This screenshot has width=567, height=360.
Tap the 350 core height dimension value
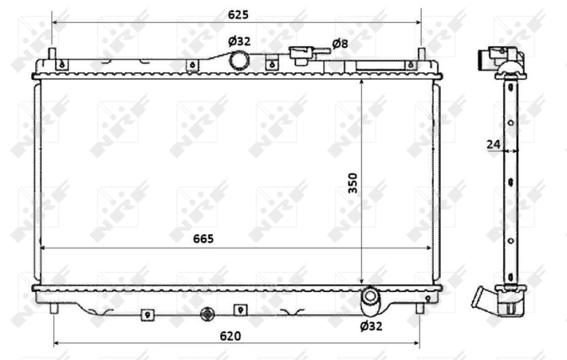[x=352, y=184]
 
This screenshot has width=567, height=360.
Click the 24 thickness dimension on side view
[x=493, y=145]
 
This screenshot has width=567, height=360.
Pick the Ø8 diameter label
[x=340, y=44]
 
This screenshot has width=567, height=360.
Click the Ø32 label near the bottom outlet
[x=371, y=326]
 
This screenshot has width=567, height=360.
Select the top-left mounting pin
[x=52, y=55]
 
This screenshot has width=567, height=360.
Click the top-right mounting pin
[x=421, y=55]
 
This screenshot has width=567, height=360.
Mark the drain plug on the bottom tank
[x=208, y=315]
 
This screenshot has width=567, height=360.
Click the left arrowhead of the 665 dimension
[x=44, y=248]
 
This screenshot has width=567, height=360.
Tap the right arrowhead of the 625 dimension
[x=417, y=21]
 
